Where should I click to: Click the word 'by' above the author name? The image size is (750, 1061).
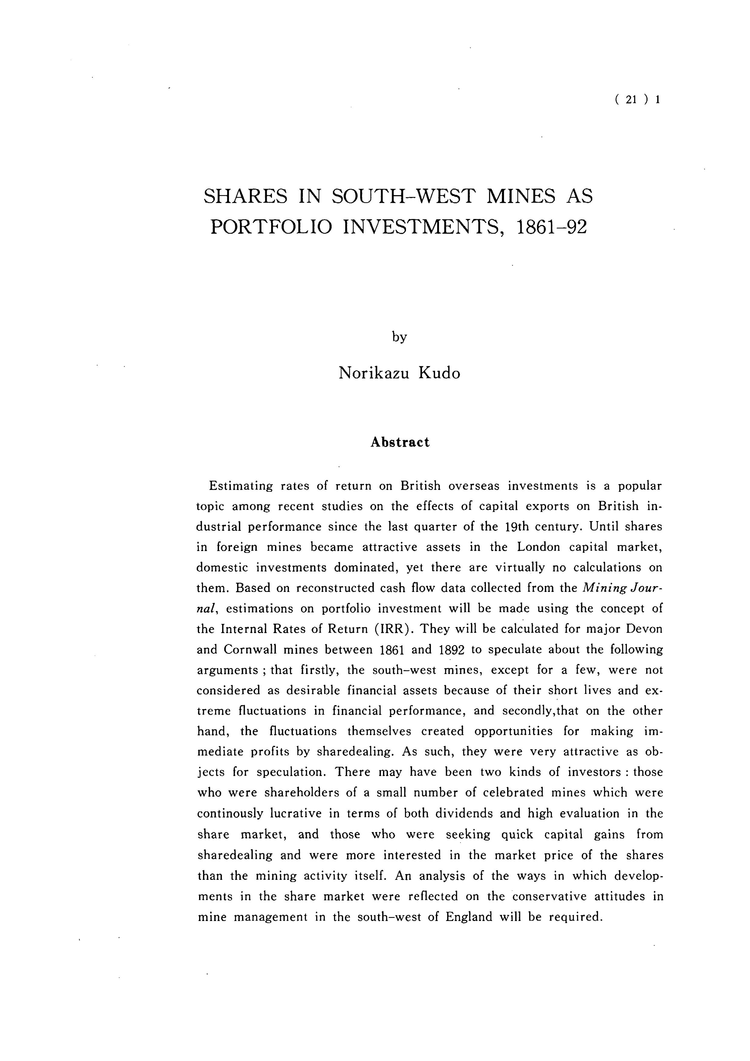pos(399,337)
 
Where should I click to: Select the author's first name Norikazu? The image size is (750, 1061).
pos(374,373)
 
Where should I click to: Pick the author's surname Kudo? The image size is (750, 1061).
pos(440,373)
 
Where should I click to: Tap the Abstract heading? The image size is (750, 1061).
pos(400,442)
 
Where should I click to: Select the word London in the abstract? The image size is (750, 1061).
pos(538,547)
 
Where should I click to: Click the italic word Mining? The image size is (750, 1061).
pos(601,588)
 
